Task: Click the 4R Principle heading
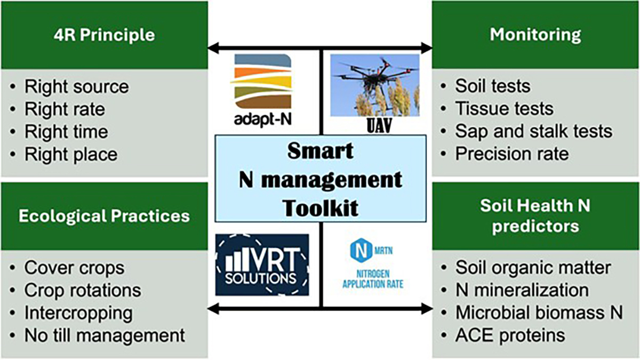coord(105,35)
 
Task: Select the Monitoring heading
coord(535,35)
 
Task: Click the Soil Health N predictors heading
coord(535,215)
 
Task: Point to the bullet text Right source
coord(77,86)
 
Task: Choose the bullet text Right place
coord(71,154)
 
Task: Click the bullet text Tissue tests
coord(505,109)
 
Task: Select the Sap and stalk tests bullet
coord(534,131)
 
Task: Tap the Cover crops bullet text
coord(74,268)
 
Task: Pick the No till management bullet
coord(105,335)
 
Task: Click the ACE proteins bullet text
coord(510,335)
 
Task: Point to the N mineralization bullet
coord(522,290)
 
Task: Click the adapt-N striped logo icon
coord(263,81)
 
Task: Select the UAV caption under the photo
coord(379,126)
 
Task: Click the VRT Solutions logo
coord(262,265)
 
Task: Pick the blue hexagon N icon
coord(362,251)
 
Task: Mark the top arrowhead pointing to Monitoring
coord(427,47)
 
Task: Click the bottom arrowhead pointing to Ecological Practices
coord(213,309)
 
